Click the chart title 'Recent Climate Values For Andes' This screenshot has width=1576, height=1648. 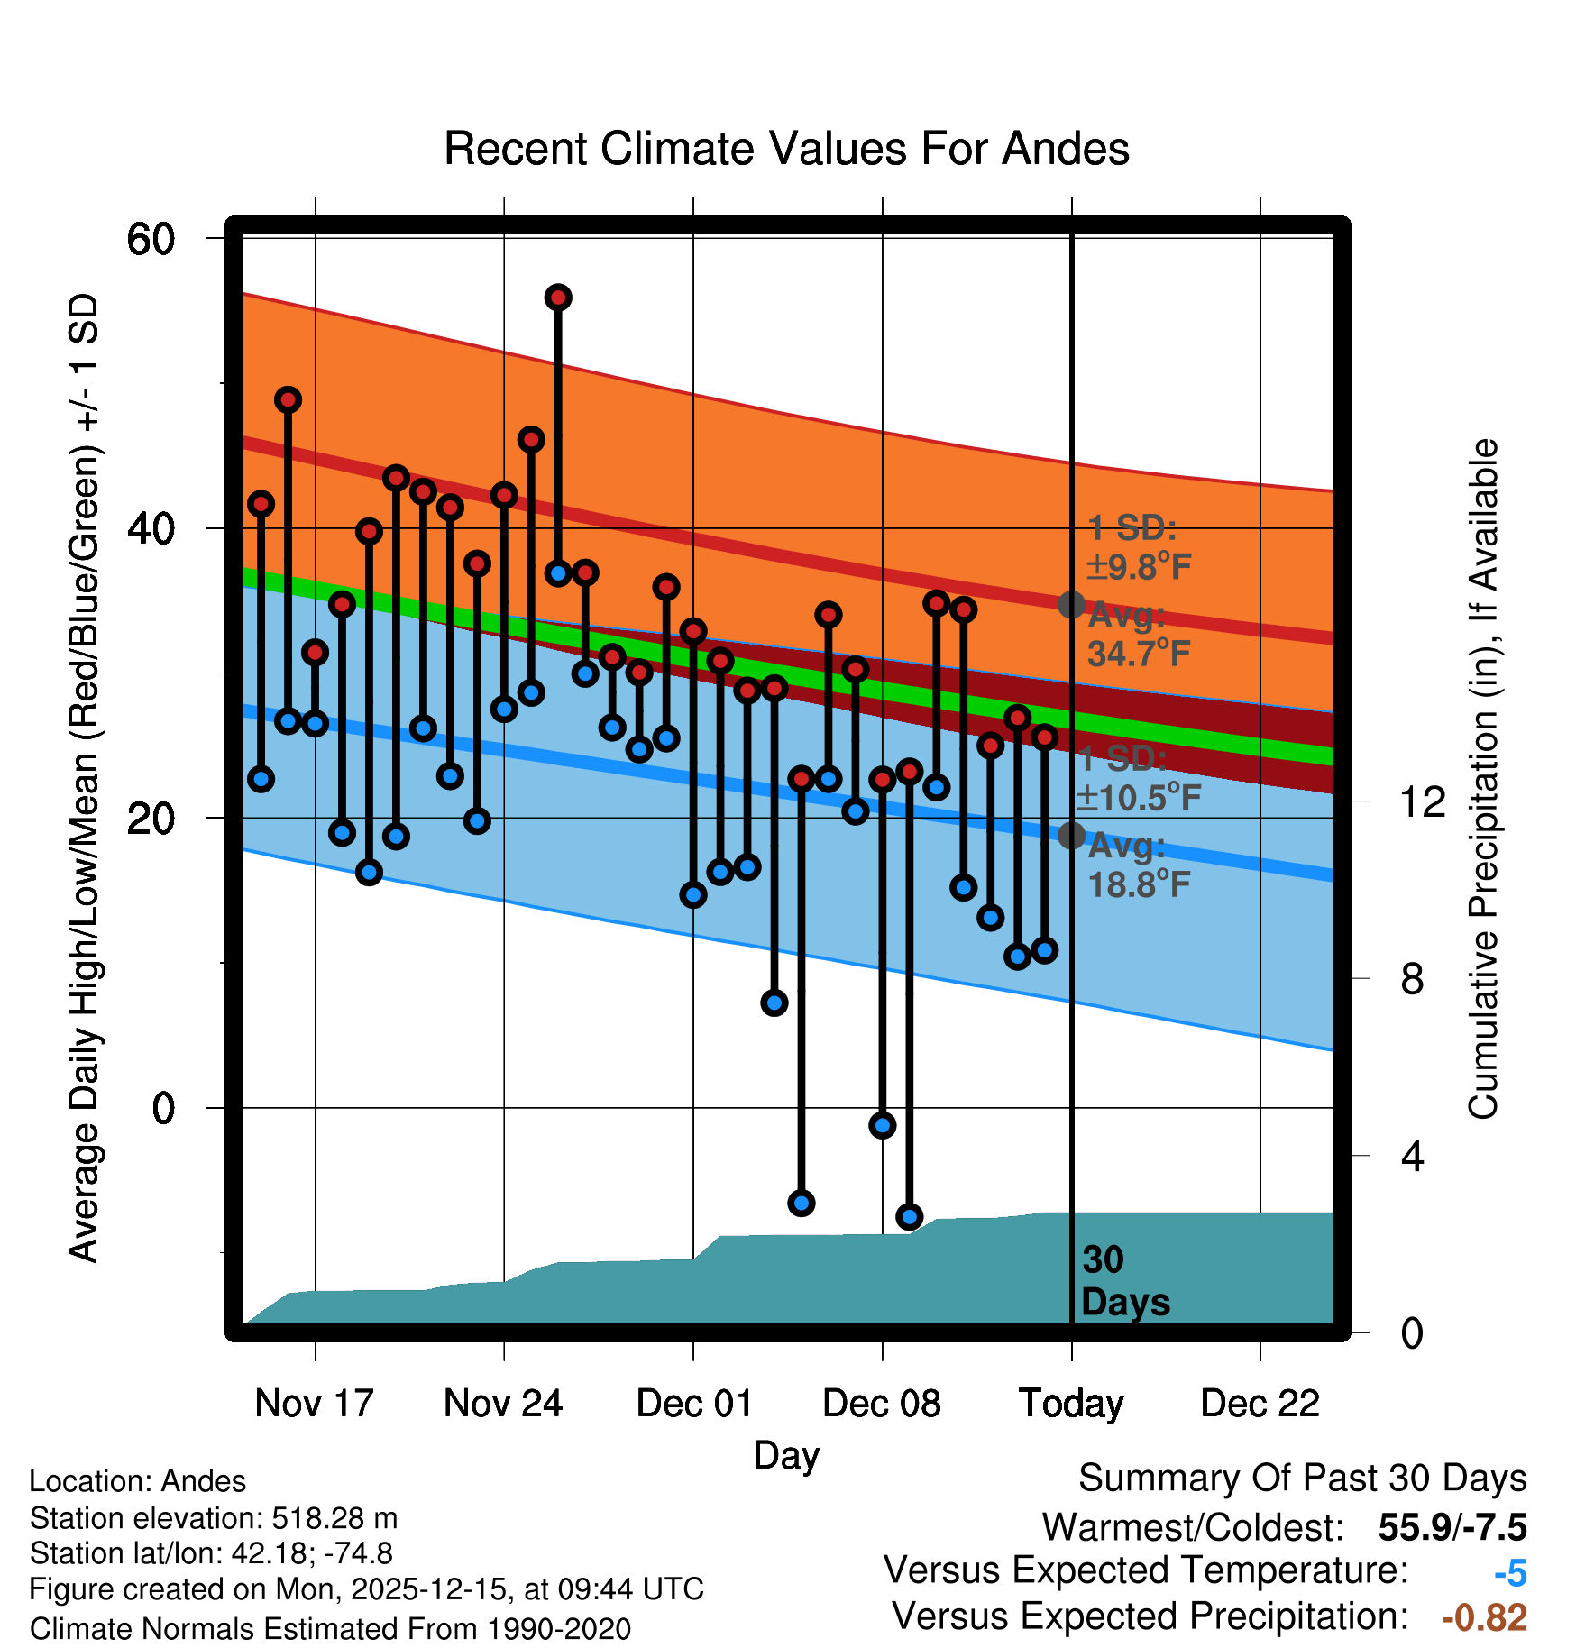(x=786, y=149)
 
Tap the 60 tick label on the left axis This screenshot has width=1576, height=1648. (x=151, y=240)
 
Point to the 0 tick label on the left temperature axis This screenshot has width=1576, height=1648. (x=163, y=1108)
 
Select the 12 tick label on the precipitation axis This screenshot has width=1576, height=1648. (x=1423, y=801)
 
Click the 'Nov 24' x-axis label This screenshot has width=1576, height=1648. (x=503, y=1404)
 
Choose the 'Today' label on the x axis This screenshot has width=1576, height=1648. (x=1071, y=1404)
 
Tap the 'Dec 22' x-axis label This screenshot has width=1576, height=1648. (x=1260, y=1404)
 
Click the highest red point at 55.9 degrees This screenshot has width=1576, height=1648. (x=558, y=298)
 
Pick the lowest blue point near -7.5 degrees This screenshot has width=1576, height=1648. (x=909, y=1216)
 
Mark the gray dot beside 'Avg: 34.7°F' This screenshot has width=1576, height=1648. (x=1071, y=604)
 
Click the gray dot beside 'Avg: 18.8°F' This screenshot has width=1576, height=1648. (x=1071, y=836)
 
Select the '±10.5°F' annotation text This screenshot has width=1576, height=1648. (x=1139, y=798)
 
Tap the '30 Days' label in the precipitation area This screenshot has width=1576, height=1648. (x=1124, y=1281)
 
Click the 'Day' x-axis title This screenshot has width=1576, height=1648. (x=786, y=1456)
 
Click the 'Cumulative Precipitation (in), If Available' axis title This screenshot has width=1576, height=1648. (x=1483, y=779)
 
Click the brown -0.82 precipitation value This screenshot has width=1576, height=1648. (x=1484, y=1618)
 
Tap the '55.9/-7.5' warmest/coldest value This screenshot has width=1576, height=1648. (x=1452, y=1528)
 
